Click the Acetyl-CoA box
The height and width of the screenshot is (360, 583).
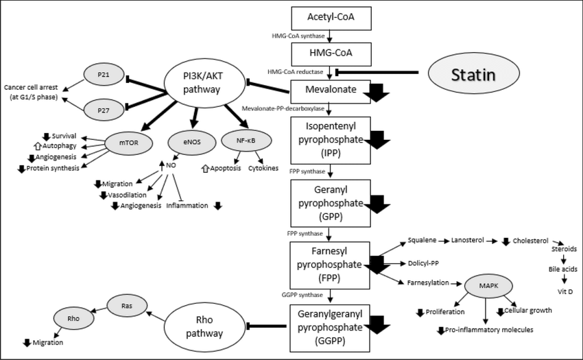(x=331, y=17)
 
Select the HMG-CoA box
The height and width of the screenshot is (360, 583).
(x=331, y=53)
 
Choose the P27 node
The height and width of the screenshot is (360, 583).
(x=104, y=108)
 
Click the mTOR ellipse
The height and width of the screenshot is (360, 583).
(x=128, y=144)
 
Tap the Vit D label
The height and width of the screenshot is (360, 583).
(x=564, y=292)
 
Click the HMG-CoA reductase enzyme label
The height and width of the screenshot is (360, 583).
(x=294, y=71)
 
